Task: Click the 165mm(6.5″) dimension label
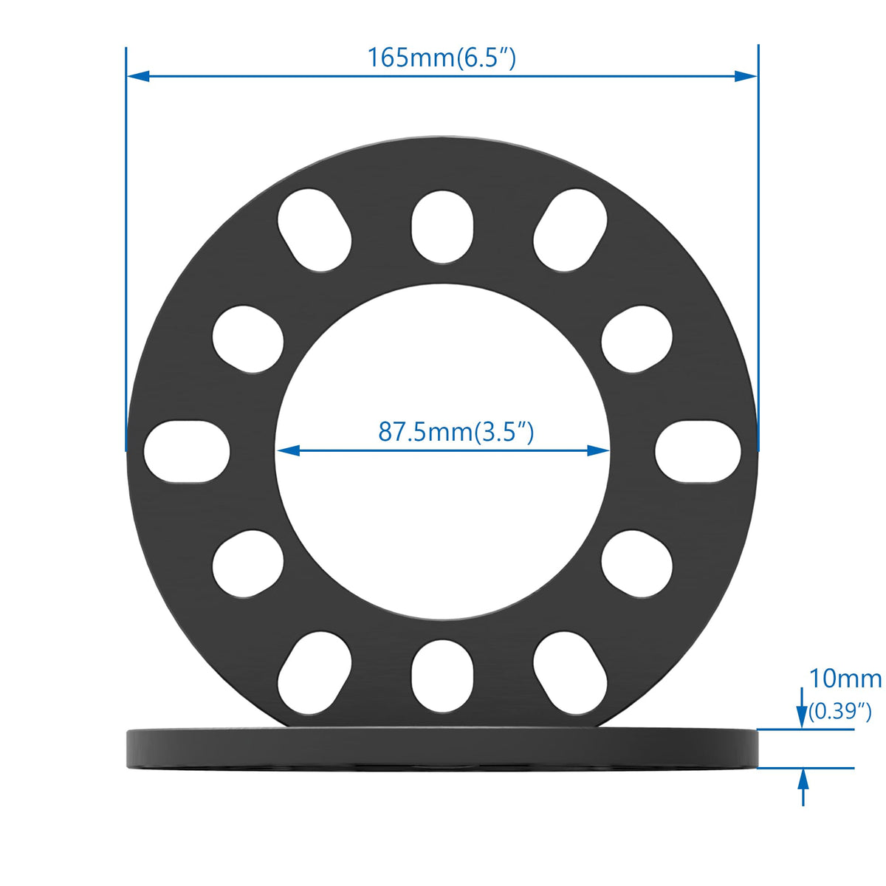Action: point(442,58)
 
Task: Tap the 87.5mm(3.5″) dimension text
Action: point(456,432)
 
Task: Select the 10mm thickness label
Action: point(845,679)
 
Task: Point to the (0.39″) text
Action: point(839,711)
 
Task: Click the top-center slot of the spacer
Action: point(442,227)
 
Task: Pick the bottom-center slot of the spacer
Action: point(442,676)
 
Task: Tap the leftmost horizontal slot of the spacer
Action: point(187,452)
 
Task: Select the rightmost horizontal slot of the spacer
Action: point(698,452)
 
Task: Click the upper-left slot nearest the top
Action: point(315,230)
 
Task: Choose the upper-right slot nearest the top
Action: point(570,230)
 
